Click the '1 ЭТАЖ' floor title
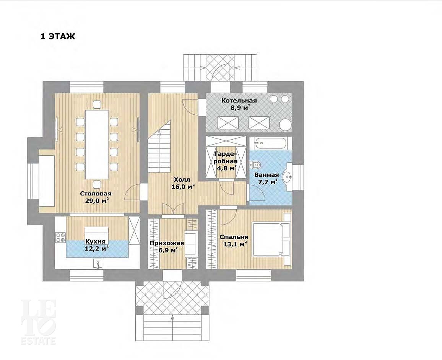click(58, 36)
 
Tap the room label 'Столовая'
click(96, 194)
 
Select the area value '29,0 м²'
click(97, 200)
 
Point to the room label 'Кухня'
click(96, 241)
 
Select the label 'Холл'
click(182, 179)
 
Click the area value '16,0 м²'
click(183, 186)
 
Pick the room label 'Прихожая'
click(167, 243)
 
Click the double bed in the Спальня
click(271, 239)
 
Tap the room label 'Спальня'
click(234, 237)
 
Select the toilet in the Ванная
click(255, 164)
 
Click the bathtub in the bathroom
click(270, 143)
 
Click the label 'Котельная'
click(239, 101)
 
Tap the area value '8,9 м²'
click(240, 108)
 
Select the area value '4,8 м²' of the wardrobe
click(226, 168)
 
